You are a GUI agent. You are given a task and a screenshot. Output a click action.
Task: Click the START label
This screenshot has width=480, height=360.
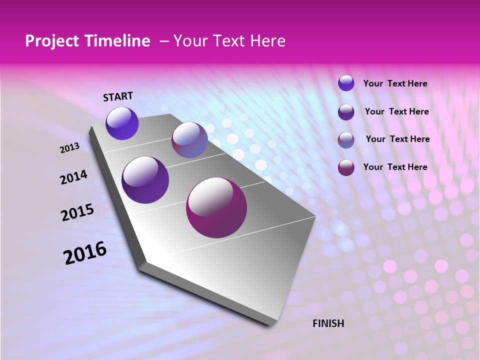(118, 96)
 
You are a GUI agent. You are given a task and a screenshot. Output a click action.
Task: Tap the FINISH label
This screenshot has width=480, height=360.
(328, 323)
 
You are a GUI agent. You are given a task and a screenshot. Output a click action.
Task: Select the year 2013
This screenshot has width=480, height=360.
(69, 148)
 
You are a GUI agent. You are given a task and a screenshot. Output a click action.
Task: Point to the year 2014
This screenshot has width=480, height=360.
(73, 177)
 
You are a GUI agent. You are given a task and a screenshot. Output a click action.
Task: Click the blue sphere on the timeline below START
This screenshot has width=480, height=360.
(122, 123)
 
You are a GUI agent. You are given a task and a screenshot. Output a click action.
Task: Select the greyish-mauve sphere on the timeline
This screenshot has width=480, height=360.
(189, 140)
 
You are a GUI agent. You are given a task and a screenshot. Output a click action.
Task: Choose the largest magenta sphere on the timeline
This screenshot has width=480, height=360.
(216, 207)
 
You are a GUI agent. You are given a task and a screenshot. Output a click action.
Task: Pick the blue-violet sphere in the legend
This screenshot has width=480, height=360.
(346, 83)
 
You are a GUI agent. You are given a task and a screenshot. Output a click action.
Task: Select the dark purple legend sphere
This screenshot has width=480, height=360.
(346, 112)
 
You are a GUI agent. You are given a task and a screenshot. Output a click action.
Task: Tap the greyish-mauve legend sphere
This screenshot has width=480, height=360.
(346, 140)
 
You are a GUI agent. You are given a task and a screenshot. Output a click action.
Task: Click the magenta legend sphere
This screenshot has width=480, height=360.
(346, 167)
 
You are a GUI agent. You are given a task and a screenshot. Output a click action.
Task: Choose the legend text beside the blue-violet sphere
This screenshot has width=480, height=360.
(395, 84)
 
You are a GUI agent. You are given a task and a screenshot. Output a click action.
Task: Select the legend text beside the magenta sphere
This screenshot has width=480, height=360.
(395, 167)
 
